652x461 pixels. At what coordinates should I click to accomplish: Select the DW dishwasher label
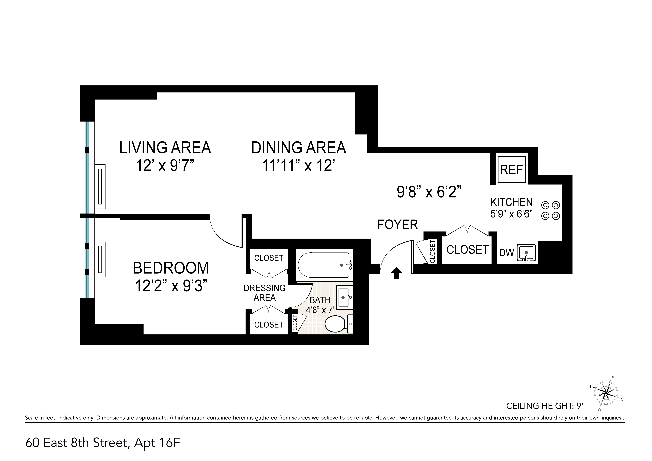pyautogui.click(x=507, y=252)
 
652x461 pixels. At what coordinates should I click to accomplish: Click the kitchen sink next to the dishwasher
pyautogui.click(x=526, y=252)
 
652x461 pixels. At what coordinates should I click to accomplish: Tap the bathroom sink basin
pyautogui.click(x=344, y=297)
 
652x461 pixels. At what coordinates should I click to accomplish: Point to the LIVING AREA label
pyautogui.click(x=165, y=148)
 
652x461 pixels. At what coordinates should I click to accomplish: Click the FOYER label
pyautogui.click(x=398, y=225)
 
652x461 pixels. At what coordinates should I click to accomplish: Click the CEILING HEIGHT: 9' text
pyautogui.click(x=545, y=406)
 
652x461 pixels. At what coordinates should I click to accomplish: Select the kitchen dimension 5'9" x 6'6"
pyautogui.click(x=511, y=213)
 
